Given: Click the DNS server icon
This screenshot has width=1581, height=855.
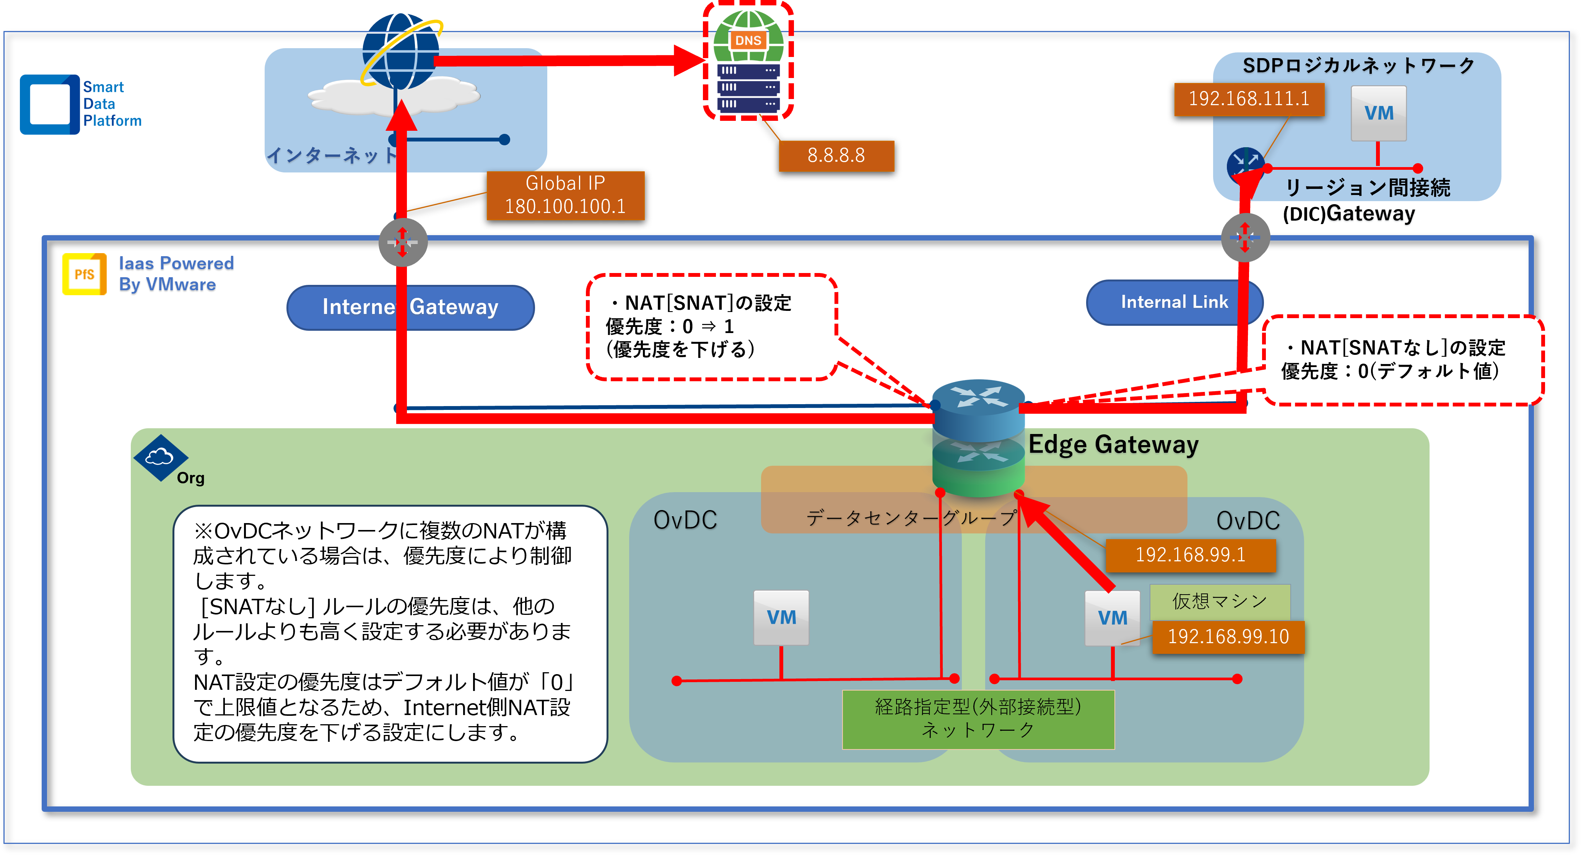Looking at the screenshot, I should (x=748, y=62).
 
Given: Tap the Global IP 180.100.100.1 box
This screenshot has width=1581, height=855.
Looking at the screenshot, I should (x=565, y=195).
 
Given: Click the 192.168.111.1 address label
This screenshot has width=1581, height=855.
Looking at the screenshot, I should (x=1249, y=99).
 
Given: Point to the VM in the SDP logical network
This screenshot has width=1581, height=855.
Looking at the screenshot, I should (x=1378, y=114).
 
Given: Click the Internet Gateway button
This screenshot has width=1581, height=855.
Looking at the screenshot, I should (x=410, y=307).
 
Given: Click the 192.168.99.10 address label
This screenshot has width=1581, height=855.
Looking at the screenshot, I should (x=1228, y=637).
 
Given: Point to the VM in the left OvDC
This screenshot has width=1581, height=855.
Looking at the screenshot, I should (x=781, y=618).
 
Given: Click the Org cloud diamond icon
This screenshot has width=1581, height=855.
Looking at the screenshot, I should (x=159, y=457).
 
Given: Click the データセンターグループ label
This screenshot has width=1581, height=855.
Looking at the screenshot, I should (x=911, y=518).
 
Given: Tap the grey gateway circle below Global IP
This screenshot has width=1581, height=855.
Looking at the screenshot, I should (x=403, y=242).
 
